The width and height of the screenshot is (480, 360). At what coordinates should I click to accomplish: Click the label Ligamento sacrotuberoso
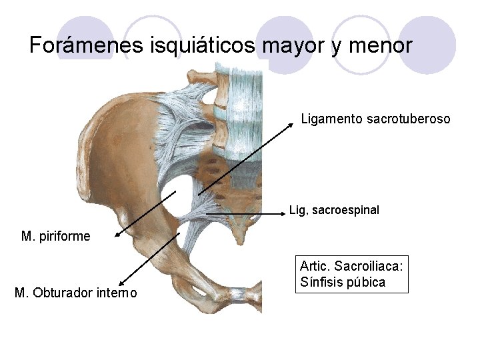pyautogui.click(x=375, y=119)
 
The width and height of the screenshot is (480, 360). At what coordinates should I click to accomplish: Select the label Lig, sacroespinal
pyautogui.click(x=334, y=210)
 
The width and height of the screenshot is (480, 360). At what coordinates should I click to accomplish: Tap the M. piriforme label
pyautogui.click(x=56, y=236)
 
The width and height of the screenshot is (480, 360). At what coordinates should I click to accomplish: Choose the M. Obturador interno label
pyautogui.click(x=75, y=292)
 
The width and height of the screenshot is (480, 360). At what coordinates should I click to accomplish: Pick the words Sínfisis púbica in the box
pyautogui.click(x=343, y=282)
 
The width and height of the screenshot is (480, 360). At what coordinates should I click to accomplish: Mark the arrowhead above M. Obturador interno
pyautogui.click(x=121, y=284)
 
